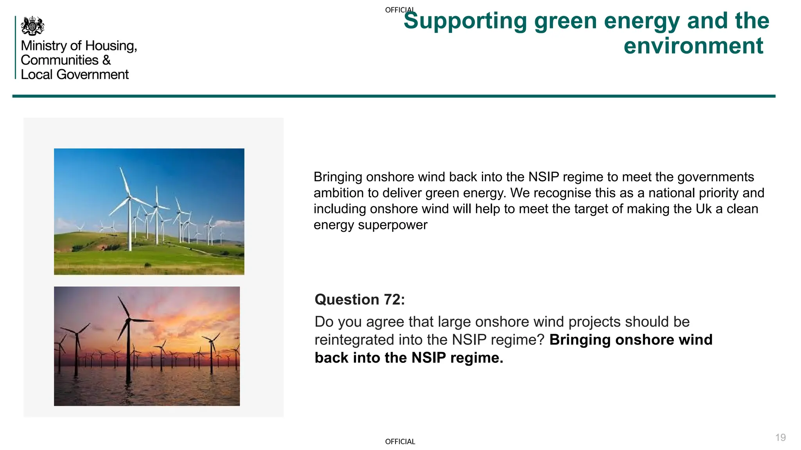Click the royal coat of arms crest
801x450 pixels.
pyautogui.click(x=32, y=26)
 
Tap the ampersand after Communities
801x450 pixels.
pyautogui.click(x=107, y=60)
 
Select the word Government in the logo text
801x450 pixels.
pyautogui.click(x=92, y=75)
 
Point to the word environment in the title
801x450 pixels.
pyautogui.click(x=693, y=46)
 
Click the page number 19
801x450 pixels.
pyautogui.click(x=780, y=437)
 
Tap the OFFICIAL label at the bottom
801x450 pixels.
pyautogui.click(x=400, y=442)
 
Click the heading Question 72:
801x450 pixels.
pyautogui.click(x=359, y=300)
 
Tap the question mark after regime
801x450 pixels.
pyautogui.click(x=541, y=340)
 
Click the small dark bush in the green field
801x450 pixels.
pyautogui.click(x=147, y=265)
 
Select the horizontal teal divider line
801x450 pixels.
pyautogui.click(x=393, y=96)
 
